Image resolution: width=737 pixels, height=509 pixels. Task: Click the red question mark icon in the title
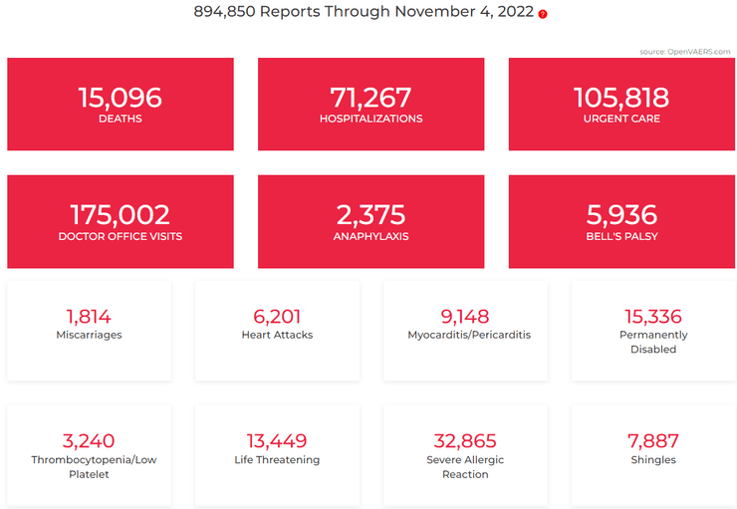[543, 14]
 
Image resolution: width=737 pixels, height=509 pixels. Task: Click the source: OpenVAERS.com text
[684, 52]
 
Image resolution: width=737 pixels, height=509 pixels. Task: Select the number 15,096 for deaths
[120, 98]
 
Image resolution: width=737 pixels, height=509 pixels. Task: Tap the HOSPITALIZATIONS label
[370, 119]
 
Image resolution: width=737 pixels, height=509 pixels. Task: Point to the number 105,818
[621, 98]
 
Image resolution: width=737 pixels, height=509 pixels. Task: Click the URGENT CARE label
[621, 119]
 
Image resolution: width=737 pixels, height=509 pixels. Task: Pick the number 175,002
[120, 214]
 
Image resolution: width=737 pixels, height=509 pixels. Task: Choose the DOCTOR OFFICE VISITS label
[120, 236]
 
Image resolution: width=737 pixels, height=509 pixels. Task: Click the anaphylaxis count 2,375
[370, 214]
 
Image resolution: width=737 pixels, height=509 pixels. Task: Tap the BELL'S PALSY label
[621, 236]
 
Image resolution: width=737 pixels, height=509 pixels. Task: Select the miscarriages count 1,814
[89, 317]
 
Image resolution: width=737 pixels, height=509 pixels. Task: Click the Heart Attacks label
[277, 335]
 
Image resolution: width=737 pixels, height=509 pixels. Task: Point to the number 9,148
[465, 317]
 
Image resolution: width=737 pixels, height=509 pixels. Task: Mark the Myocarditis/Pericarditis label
[469, 335]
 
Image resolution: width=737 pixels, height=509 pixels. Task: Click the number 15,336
[653, 317]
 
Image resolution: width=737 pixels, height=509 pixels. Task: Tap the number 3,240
[89, 441]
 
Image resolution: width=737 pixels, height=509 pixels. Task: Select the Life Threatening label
[277, 460]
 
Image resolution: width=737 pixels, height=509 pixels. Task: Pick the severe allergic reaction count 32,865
[465, 441]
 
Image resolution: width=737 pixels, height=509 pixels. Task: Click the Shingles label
[653, 460]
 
